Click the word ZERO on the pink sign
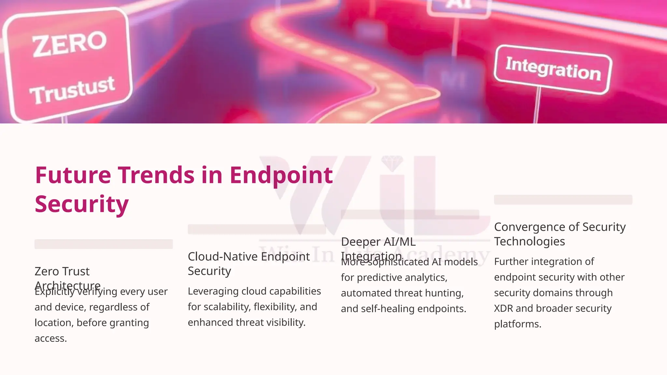(69, 44)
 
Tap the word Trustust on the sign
(72, 90)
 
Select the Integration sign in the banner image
(553, 69)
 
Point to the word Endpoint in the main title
(281, 176)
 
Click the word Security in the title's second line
(82, 204)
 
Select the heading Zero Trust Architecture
(67, 278)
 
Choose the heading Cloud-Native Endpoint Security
(248, 264)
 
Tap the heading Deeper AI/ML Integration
(378, 249)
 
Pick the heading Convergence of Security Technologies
(560, 234)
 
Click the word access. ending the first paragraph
(51, 339)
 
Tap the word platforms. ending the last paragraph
(518, 324)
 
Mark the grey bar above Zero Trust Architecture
(104, 244)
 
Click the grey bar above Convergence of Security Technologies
(563, 200)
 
